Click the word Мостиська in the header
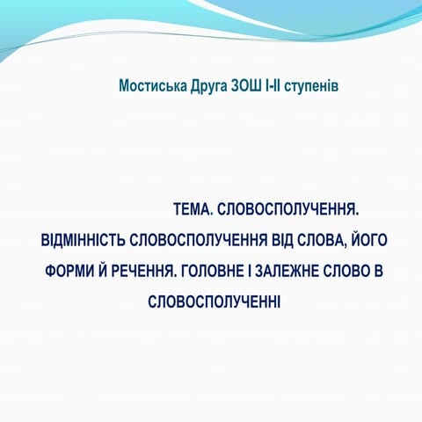pyautogui.click(x=152, y=86)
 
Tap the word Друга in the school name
pyautogui.click(x=208, y=86)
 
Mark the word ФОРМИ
pyautogui.click(x=69, y=271)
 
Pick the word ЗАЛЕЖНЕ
pyautogui.click(x=295, y=271)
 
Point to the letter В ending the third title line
pyautogui.click(x=379, y=271)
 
